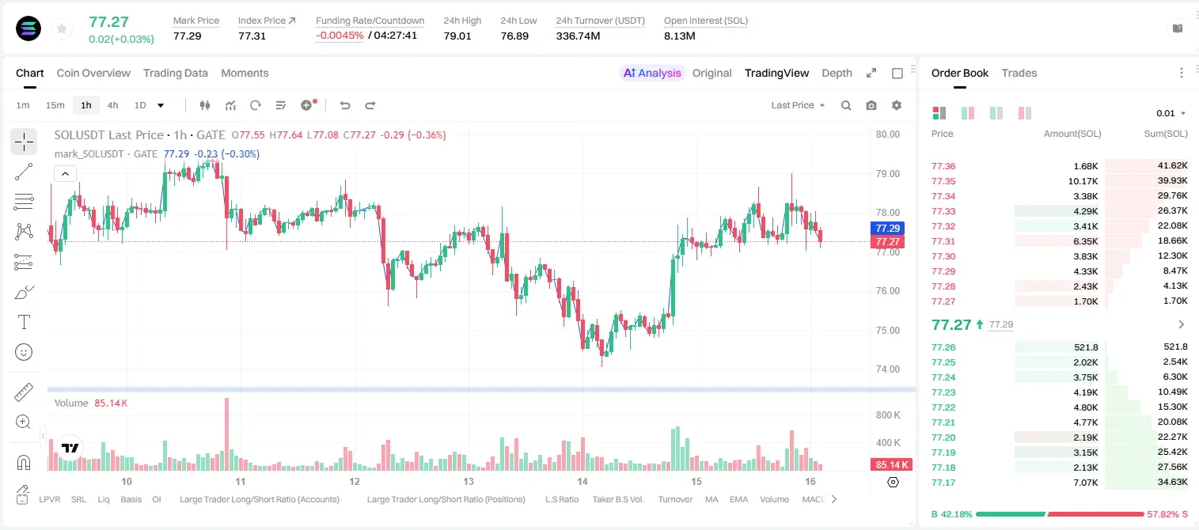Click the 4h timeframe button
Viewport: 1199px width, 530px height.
coord(112,105)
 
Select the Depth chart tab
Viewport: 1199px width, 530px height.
coord(837,73)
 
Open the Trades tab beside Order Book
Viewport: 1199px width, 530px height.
coord(1019,73)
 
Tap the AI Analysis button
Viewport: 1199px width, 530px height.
coord(652,73)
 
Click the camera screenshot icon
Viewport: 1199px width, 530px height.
coord(871,105)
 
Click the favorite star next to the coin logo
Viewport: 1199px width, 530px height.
coord(62,28)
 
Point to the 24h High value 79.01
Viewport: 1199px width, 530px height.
coord(457,36)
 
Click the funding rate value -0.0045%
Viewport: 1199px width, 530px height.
coord(340,36)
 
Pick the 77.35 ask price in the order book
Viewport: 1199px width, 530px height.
coord(943,181)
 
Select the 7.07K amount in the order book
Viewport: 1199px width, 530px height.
coord(1086,483)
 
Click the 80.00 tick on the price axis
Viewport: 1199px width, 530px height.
coord(887,134)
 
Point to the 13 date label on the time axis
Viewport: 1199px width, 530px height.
coord(469,481)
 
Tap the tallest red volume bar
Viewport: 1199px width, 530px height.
coord(227,434)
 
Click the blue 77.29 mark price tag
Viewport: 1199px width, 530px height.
coord(887,229)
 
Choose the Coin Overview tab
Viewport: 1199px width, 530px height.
coord(93,73)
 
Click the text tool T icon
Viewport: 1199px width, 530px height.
coord(24,322)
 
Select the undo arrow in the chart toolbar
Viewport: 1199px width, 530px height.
coord(345,105)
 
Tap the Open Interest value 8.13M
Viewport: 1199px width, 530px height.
coord(679,36)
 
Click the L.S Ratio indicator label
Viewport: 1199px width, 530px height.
coord(561,499)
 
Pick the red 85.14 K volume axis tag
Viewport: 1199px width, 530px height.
coord(891,465)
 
